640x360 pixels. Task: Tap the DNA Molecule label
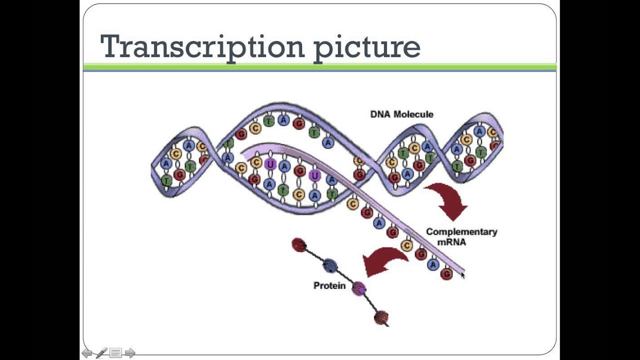pos(401,114)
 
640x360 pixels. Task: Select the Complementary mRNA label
pos(461,237)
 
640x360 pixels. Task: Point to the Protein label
pos(329,285)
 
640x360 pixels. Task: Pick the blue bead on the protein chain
pos(329,265)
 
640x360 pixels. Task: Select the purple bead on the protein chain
pos(358,288)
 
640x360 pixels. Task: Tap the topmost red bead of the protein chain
pos(299,244)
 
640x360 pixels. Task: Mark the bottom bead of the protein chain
pos(381,317)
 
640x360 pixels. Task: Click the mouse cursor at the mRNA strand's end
pos(462,274)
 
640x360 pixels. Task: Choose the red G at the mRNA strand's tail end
pos(446,273)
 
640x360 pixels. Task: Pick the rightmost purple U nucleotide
pos(314,175)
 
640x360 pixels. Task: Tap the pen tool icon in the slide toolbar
pos(101,353)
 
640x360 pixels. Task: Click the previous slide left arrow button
pos(87,353)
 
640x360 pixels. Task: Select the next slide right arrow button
pos(130,353)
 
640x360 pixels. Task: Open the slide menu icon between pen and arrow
pos(115,353)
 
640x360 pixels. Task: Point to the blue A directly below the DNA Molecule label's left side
pos(328,143)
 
